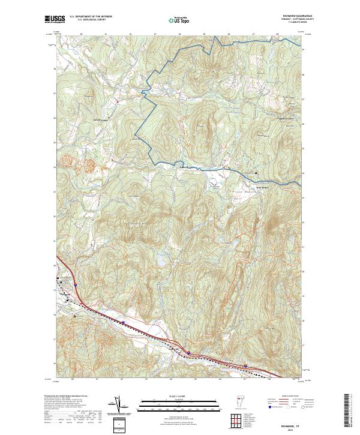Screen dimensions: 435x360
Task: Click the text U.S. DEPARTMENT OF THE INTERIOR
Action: tap(91, 17)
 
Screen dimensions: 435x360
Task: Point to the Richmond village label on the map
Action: tap(64, 295)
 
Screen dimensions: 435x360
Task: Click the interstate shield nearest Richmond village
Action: tap(122, 322)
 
